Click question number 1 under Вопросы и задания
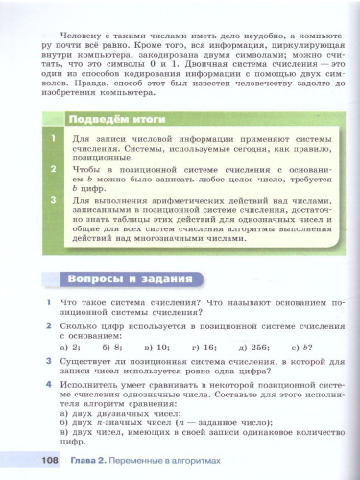48,303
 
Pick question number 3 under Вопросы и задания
48,357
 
